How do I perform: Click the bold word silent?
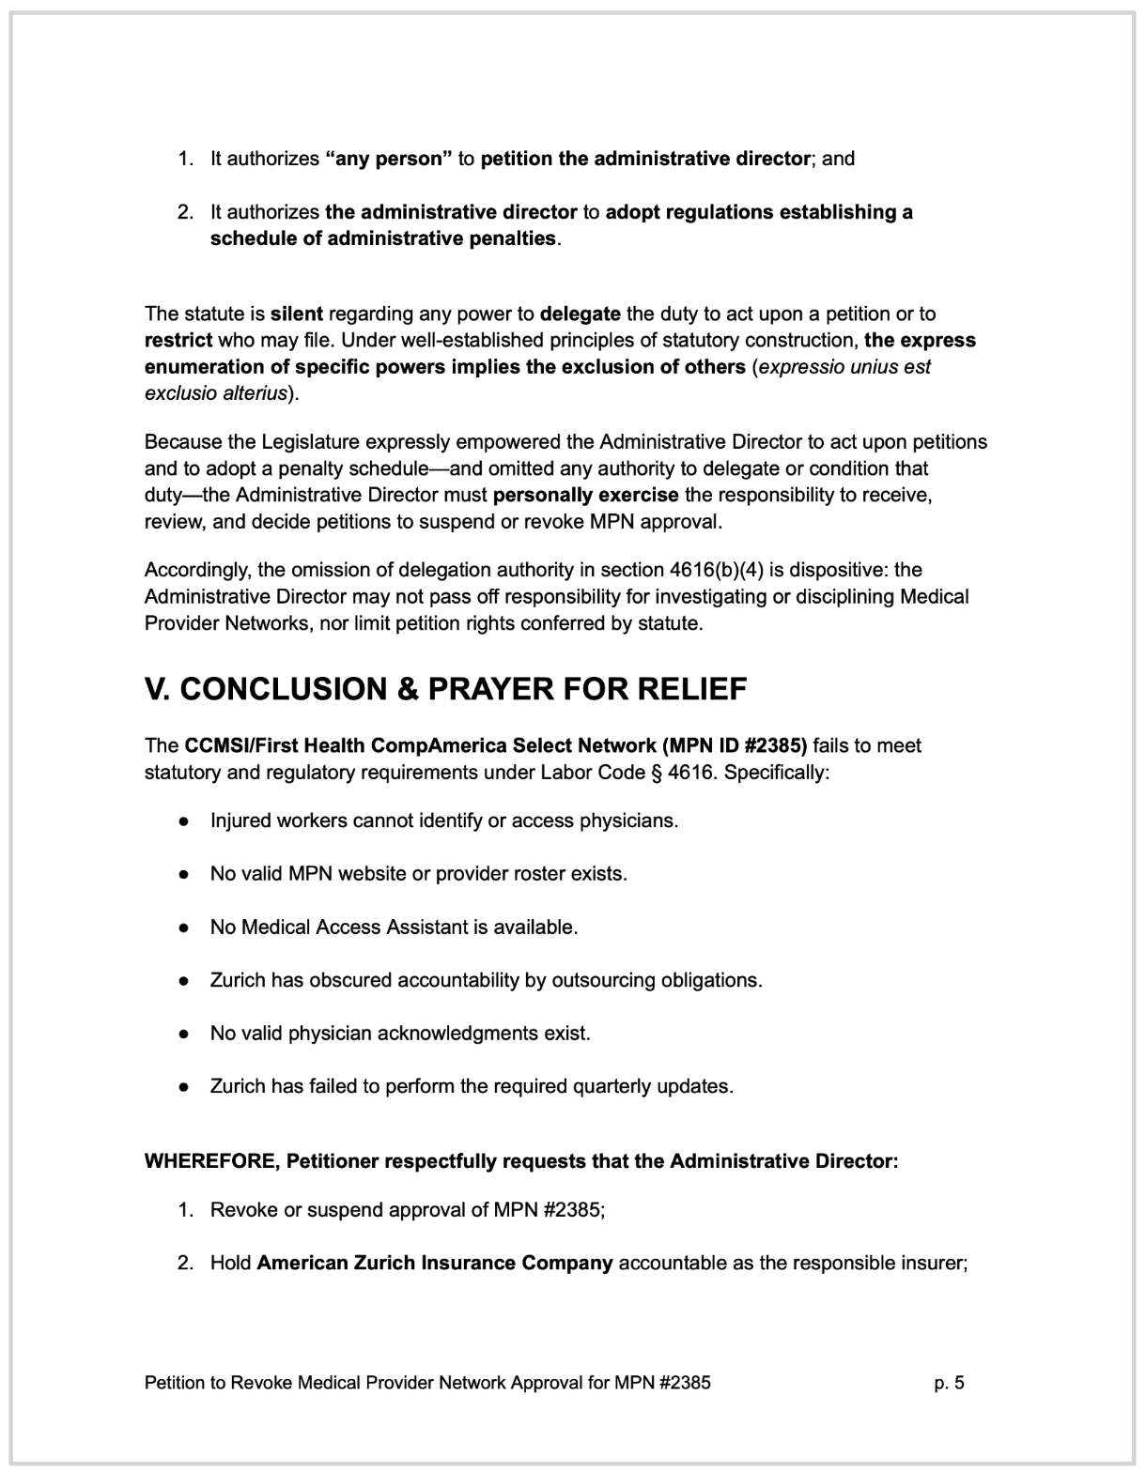click(x=296, y=314)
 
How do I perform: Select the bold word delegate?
click(x=580, y=314)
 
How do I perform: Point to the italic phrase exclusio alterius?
click(x=215, y=393)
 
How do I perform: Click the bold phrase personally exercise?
click(x=585, y=495)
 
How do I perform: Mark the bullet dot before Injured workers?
click(x=186, y=820)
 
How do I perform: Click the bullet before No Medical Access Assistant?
click(x=186, y=928)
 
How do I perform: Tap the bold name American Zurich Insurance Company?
click(x=434, y=1263)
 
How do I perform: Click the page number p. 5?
click(x=949, y=1382)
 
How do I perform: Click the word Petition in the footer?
click(x=177, y=1382)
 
